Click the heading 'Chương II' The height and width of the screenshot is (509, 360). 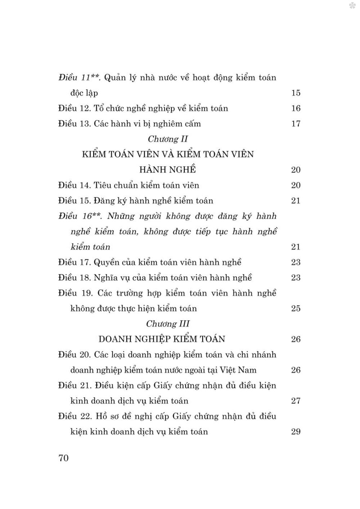168,139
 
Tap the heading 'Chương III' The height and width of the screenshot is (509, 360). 168,324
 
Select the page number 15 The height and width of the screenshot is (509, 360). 296,93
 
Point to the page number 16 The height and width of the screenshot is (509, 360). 296,108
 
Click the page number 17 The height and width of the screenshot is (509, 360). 296,124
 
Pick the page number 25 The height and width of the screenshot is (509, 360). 296,308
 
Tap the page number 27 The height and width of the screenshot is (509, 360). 296,401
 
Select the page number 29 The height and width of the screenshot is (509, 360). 296,432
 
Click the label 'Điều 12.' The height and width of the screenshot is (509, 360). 74,108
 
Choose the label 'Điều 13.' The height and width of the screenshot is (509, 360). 74,124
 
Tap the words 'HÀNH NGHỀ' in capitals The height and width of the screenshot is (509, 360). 168,170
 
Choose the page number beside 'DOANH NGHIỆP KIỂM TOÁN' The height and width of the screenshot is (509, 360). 296,339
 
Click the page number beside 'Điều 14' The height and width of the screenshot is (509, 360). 296,186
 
